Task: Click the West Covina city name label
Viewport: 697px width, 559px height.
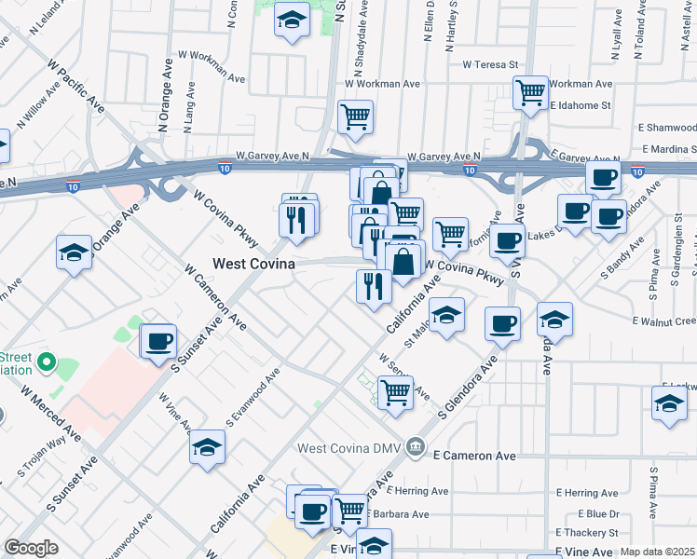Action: click(253, 264)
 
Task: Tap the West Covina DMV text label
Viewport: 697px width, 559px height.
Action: click(350, 448)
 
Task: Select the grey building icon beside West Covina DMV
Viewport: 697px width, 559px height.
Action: click(416, 448)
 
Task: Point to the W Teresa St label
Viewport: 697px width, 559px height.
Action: click(489, 64)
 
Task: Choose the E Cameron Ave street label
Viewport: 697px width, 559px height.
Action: click(474, 457)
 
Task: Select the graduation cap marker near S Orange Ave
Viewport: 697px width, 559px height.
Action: click(74, 253)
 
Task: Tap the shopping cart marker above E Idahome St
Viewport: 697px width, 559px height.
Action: click(530, 92)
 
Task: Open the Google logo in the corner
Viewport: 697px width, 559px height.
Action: click(31, 549)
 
